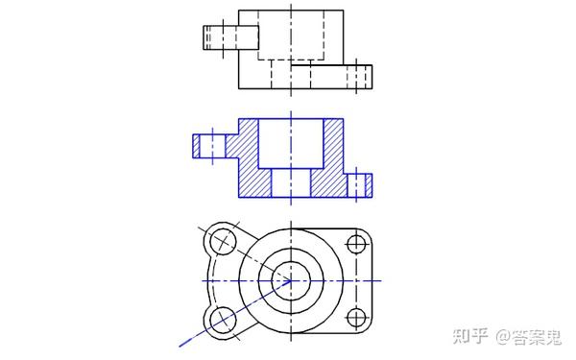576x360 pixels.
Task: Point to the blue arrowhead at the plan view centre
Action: click(x=286, y=284)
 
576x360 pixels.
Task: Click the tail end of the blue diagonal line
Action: click(x=180, y=346)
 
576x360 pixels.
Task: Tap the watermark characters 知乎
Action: click(x=470, y=336)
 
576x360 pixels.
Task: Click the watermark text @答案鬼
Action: click(x=529, y=337)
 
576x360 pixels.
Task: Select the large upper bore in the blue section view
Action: click(x=291, y=144)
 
